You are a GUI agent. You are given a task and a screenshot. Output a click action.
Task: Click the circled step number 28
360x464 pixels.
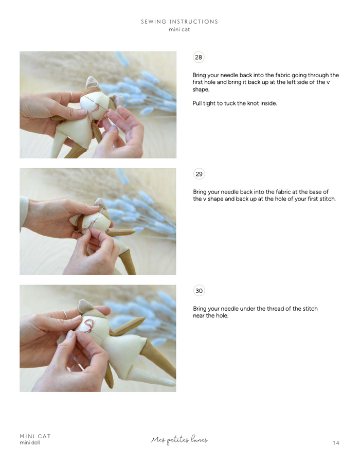[x=199, y=57]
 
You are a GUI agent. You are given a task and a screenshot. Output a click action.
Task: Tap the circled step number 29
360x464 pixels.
[x=199, y=174]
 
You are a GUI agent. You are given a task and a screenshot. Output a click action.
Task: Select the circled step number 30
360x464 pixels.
[x=199, y=291]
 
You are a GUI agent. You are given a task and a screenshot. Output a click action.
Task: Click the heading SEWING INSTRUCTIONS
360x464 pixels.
[x=179, y=22]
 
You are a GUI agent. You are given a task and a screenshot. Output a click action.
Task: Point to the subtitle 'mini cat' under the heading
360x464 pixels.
[x=179, y=29]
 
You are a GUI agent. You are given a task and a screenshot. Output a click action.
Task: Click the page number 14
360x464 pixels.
[x=336, y=443]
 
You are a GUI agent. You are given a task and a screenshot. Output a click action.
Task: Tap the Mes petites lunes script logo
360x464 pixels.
[x=179, y=440]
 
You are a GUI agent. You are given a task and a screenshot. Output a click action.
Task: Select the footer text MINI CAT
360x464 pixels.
[x=35, y=436]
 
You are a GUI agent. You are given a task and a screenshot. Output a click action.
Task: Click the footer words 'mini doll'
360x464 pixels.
[x=30, y=443]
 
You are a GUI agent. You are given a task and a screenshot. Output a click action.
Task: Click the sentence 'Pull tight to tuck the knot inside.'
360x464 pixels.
[x=235, y=103]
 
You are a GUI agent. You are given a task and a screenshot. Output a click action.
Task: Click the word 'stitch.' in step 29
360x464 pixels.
[x=325, y=199]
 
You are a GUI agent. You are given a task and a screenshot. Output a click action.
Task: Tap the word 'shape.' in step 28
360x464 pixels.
[x=201, y=90]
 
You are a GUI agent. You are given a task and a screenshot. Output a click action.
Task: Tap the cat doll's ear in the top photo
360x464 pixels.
[x=93, y=82]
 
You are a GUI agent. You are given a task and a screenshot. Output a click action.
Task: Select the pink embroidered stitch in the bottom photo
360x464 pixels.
[x=89, y=325]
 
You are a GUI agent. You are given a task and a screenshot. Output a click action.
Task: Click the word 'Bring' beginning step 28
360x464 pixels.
[x=199, y=75]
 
